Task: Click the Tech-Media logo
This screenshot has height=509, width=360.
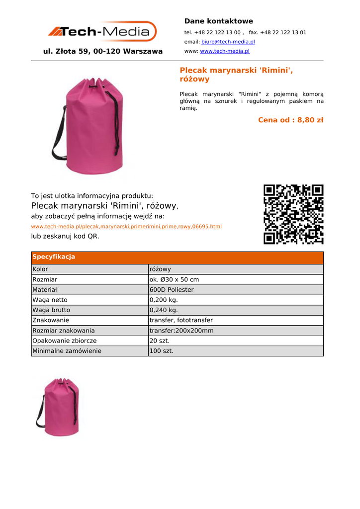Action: pyautogui.click(x=102, y=32)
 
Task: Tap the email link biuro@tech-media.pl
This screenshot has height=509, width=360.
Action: pyautogui.click(x=228, y=42)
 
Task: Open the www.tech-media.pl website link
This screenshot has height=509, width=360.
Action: pyautogui.click(x=224, y=51)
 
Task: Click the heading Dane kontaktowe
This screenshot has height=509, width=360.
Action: pyautogui.click(x=218, y=21)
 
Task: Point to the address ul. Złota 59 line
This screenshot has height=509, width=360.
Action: pyautogui.click(x=103, y=51)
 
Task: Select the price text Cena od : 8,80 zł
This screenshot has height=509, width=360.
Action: pyautogui.click(x=290, y=120)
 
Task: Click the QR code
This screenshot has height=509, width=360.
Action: pyautogui.click(x=293, y=214)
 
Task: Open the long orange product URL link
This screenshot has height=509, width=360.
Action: pyautogui.click(x=126, y=227)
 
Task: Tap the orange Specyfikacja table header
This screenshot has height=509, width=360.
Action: pyautogui.click(x=177, y=257)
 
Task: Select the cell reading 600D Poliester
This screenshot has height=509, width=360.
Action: pyautogui.click(x=172, y=290)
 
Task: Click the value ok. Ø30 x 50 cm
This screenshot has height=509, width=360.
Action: pyautogui.click(x=174, y=279)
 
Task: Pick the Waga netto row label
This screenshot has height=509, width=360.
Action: pyautogui.click(x=50, y=300)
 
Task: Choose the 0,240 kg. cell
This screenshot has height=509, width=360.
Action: pyautogui.click(x=164, y=310)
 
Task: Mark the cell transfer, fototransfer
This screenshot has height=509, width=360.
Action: pyautogui.click(x=181, y=320)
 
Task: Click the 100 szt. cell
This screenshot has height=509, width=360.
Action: pyautogui.click(x=161, y=351)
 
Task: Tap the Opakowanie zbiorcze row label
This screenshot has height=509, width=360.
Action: pyautogui.click(x=64, y=340)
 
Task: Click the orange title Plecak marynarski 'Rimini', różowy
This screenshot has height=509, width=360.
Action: pyautogui.click(x=236, y=75)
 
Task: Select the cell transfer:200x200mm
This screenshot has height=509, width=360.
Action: pyautogui.click(x=181, y=331)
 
